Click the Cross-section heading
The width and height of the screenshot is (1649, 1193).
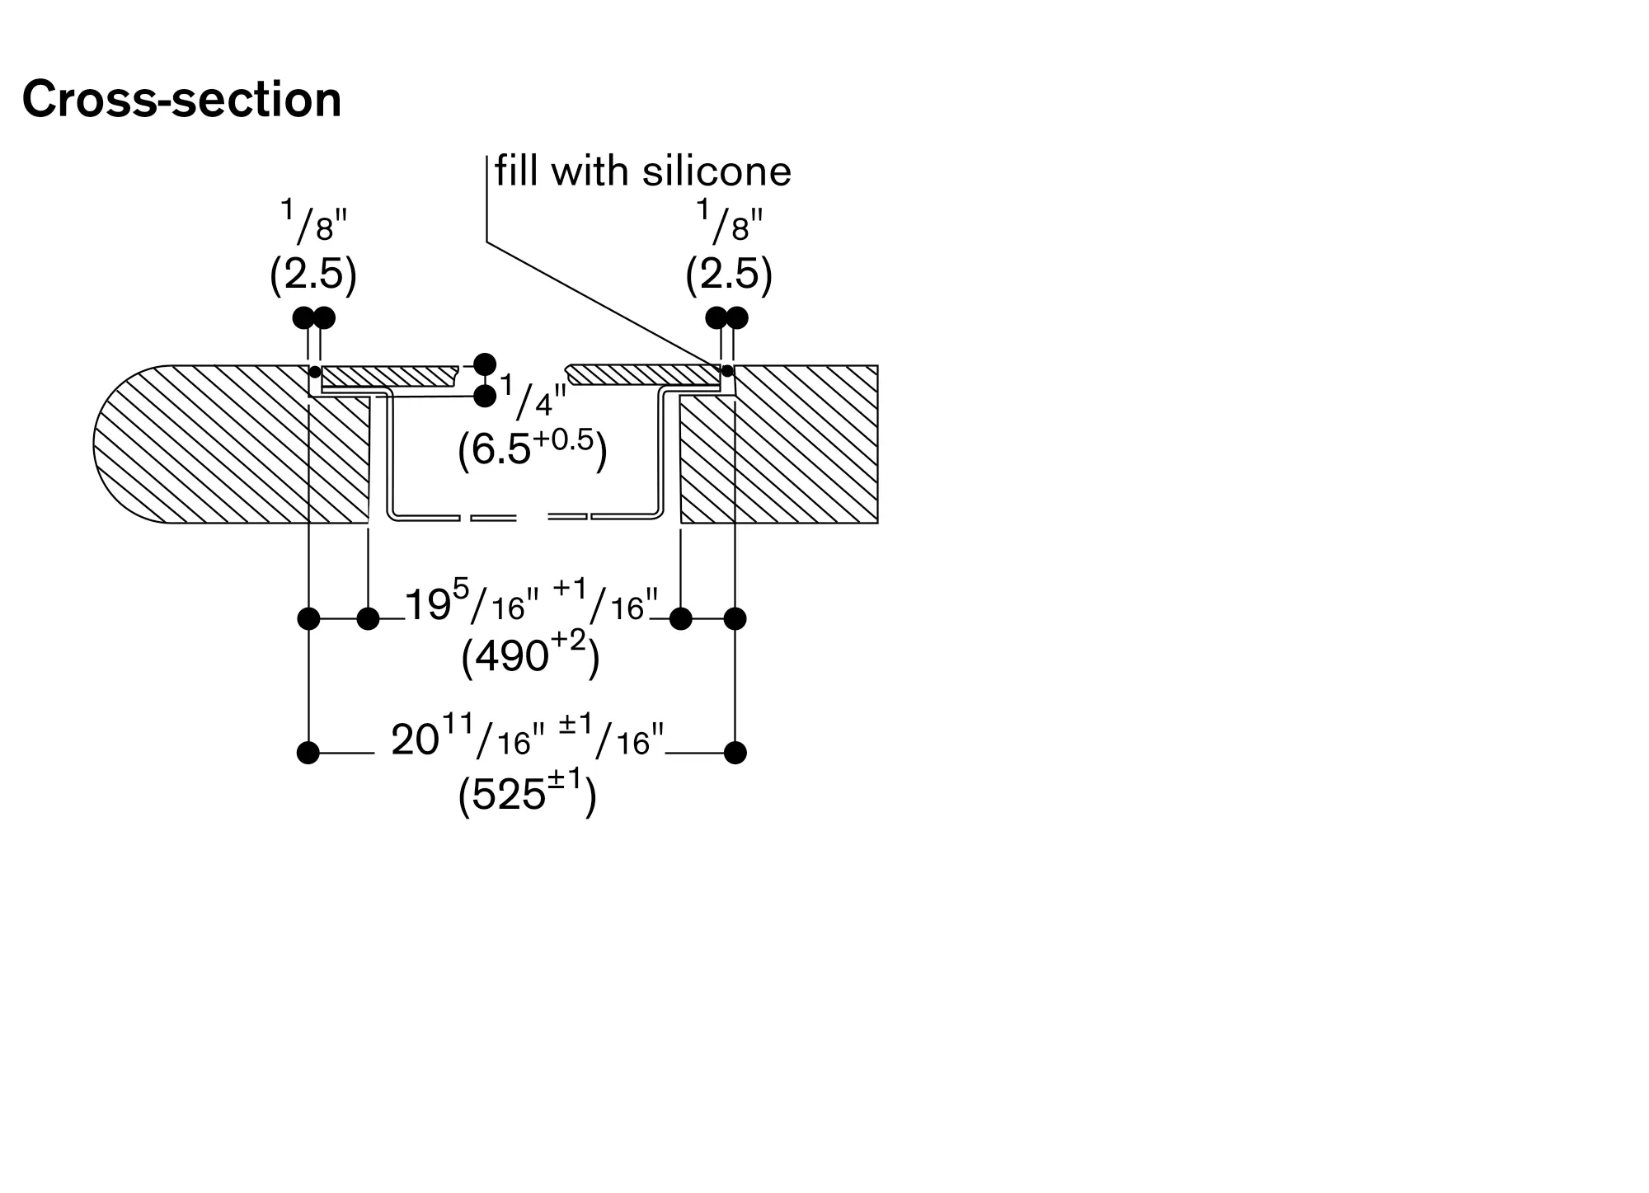[181, 100]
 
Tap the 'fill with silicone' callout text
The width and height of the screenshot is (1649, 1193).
[643, 171]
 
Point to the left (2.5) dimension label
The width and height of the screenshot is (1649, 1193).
[313, 275]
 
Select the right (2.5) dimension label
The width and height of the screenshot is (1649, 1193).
[729, 275]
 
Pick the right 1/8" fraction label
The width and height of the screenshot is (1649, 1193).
[731, 221]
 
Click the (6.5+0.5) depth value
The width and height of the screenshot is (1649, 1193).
[533, 450]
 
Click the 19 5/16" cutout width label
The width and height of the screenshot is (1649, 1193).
[532, 602]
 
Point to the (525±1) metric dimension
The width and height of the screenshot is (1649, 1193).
[527, 795]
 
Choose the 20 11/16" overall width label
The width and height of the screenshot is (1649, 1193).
[528, 737]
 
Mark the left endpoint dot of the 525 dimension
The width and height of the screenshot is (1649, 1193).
[308, 753]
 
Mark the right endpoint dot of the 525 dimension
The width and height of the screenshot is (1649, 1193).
[735, 753]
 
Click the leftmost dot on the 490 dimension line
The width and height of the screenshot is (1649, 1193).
[308, 618]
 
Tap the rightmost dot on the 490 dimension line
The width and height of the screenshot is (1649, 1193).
[735, 618]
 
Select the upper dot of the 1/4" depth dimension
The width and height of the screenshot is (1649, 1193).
[485, 364]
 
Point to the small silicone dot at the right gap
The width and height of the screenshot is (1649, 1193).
[727, 372]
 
